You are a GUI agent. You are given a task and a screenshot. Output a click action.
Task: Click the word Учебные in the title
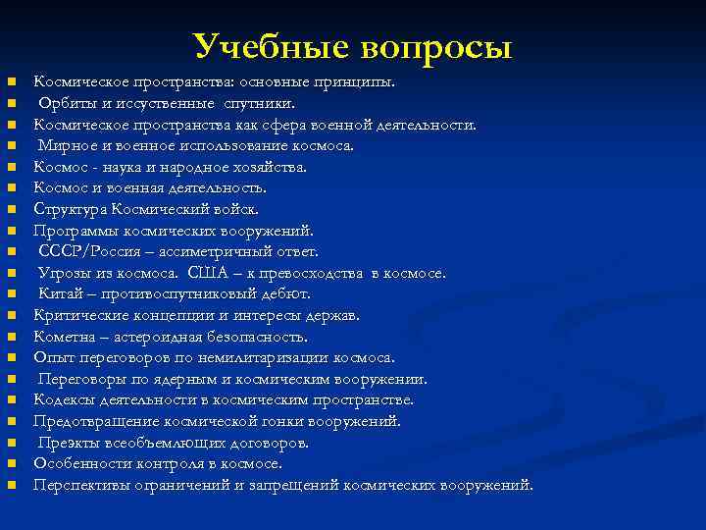pos(272,46)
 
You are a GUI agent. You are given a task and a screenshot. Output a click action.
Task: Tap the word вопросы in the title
pos(435,46)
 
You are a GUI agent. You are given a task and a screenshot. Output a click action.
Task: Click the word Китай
pos(61,293)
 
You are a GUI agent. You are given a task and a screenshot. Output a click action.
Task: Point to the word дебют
pos(286,293)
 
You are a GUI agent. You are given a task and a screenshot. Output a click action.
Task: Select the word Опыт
pos(52,357)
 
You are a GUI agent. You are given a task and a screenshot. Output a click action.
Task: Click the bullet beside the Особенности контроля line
pos(11,464)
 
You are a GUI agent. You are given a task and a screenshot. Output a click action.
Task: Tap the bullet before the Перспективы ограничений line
pos(11,486)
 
